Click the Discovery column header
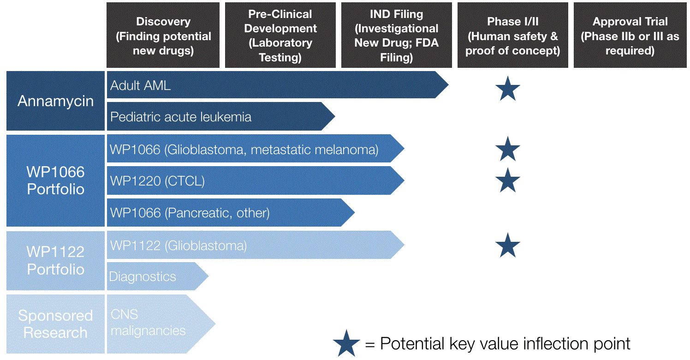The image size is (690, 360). click(x=163, y=36)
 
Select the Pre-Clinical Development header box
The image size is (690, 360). click(x=280, y=36)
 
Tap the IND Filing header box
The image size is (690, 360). click(x=397, y=36)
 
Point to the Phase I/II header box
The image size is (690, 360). click(x=512, y=36)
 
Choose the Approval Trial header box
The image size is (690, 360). click(x=630, y=36)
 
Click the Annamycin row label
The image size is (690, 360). click(x=55, y=101)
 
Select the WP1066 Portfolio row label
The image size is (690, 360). click(x=55, y=180)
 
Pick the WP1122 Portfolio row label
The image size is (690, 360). click(x=55, y=261)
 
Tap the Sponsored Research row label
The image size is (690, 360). click(x=55, y=324)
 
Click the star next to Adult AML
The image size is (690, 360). click(x=508, y=90)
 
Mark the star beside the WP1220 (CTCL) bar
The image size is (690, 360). click(x=508, y=180)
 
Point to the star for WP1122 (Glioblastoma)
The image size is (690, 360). click(x=508, y=245)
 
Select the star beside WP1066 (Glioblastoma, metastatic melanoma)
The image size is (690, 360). click(x=508, y=150)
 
